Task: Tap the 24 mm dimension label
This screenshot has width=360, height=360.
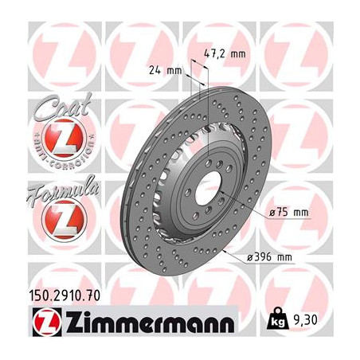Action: tap(166, 71)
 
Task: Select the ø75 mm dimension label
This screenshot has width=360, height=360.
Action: tap(288, 212)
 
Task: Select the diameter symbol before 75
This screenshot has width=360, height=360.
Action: tap(274, 212)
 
